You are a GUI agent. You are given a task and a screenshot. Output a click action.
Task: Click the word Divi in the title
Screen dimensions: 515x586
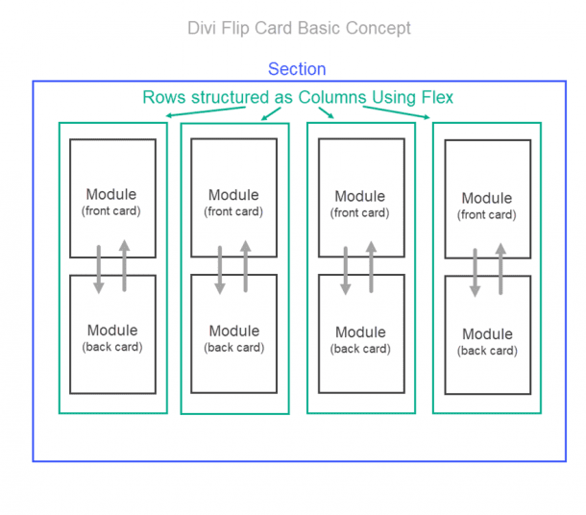click(204, 28)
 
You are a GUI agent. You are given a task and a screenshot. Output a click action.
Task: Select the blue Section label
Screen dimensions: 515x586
click(297, 69)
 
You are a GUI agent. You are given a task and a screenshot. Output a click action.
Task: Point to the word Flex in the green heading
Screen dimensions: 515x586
click(435, 97)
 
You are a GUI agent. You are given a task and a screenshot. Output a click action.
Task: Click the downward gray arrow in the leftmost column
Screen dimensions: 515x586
click(99, 269)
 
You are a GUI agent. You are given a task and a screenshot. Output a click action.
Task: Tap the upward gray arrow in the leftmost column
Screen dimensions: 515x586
click(124, 265)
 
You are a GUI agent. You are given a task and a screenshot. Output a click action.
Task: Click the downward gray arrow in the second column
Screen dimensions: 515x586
click(221, 269)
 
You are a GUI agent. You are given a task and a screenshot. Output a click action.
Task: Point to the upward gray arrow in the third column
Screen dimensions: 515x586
click(372, 265)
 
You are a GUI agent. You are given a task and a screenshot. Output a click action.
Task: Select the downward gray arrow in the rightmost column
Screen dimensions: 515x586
click(475, 273)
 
